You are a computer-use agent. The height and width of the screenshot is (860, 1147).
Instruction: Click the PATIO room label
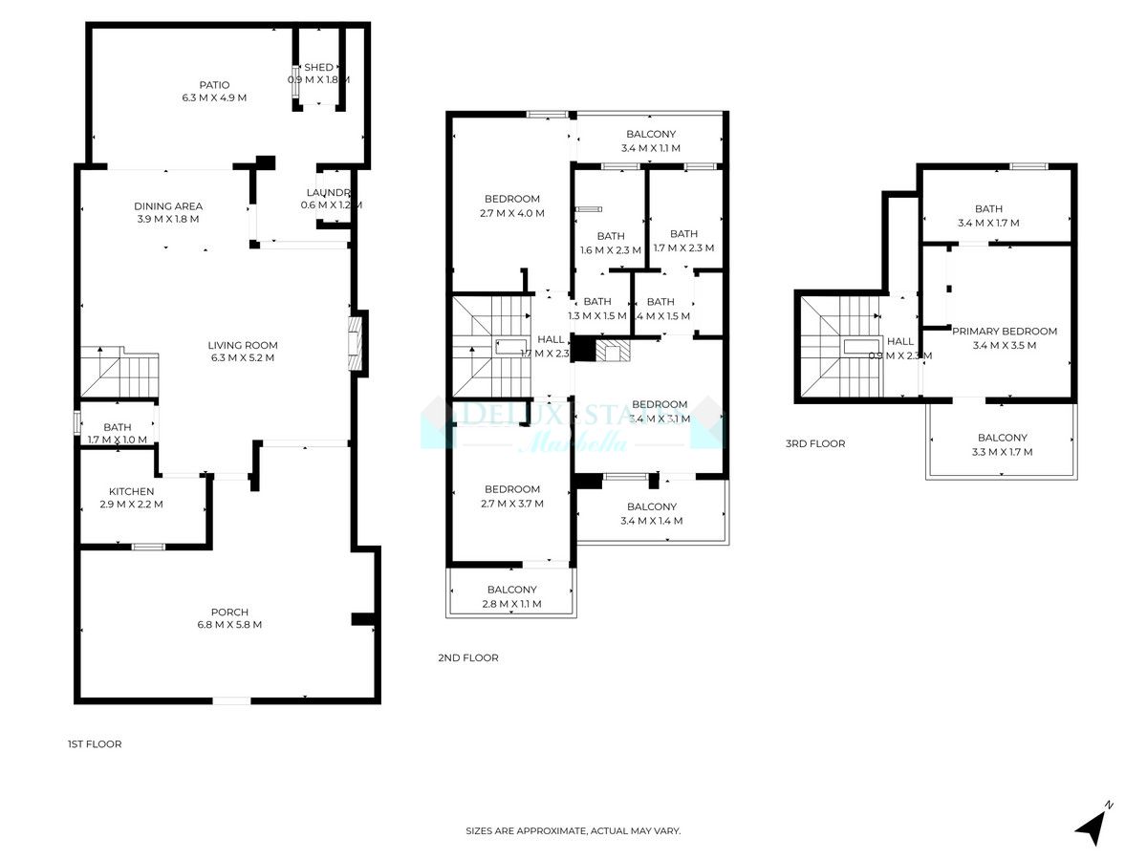click(214, 85)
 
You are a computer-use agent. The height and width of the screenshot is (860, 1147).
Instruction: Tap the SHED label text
click(318, 68)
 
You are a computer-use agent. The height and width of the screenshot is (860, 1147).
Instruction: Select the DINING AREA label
click(168, 205)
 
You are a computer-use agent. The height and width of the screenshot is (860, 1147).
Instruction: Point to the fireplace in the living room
click(357, 344)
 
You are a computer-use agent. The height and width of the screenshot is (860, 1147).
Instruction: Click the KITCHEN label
click(131, 491)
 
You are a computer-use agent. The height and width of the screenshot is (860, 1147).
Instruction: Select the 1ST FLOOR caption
click(95, 743)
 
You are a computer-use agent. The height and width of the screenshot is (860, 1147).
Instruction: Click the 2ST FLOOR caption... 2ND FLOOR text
click(468, 657)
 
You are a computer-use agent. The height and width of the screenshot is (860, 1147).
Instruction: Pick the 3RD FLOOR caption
click(815, 443)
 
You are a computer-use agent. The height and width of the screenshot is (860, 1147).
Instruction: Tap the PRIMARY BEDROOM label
click(1004, 332)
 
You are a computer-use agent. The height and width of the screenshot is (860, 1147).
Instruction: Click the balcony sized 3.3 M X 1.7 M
click(1002, 445)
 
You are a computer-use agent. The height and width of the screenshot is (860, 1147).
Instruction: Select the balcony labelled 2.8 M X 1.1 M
click(511, 597)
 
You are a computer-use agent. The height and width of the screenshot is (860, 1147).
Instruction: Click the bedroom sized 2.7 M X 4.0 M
click(511, 206)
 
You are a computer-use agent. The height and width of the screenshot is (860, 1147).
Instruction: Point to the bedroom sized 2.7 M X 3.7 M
click(511, 497)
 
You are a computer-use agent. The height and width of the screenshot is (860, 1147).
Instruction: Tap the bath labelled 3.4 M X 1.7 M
click(988, 216)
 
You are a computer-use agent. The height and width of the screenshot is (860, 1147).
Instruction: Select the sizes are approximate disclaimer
click(573, 831)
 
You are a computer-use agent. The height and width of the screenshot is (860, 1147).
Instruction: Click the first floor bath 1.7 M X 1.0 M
click(118, 433)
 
